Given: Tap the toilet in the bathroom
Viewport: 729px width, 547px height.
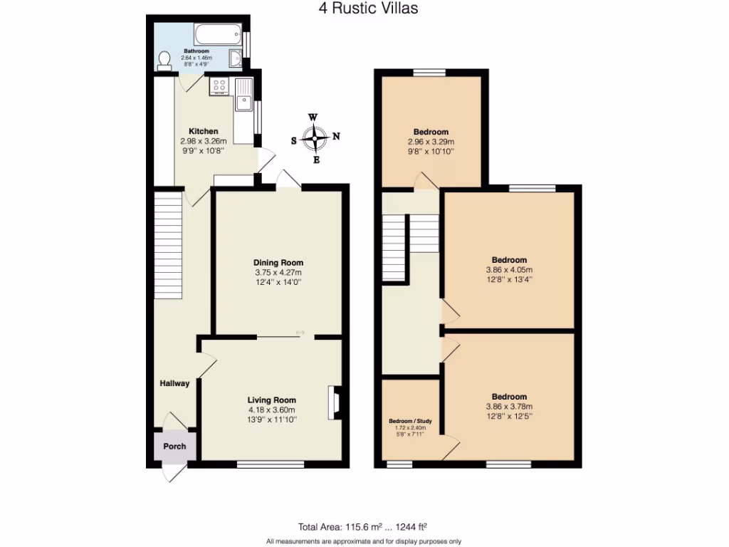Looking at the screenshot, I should click(x=165, y=61).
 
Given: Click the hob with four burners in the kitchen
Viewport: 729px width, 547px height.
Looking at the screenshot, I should click(x=219, y=87).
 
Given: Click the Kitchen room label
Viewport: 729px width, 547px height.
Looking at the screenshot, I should click(x=203, y=131).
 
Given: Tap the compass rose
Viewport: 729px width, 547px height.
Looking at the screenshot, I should click(x=315, y=137).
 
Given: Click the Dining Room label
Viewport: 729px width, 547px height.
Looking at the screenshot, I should click(x=279, y=262).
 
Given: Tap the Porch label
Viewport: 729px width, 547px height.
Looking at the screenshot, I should click(x=174, y=447).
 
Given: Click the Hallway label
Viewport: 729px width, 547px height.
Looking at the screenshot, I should click(x=174, y=384).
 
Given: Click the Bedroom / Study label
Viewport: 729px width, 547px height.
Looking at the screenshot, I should click(x=409, y=421).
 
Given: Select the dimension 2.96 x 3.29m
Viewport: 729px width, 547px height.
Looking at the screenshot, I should click(x=431, y=142).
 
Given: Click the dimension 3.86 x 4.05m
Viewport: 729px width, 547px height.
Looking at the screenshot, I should click(x=509, y=270).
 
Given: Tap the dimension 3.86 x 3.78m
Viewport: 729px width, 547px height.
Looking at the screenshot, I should click(x=509, y=407).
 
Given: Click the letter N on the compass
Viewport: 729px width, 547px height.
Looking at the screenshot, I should click(x=337, y=137).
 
